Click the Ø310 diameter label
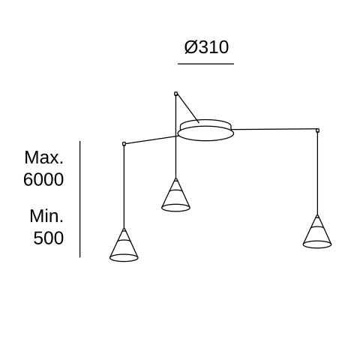[206, 47]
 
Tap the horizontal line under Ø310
[205, 64]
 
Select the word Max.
[44, 157]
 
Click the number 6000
[43, 179]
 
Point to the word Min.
[46, 216]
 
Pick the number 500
[49, 238]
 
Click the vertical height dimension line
[80, 199]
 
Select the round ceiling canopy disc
[206, 130]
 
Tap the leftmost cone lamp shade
[124, 245]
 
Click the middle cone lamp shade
[175, 195]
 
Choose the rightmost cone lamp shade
[317, 232]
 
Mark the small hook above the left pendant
[124, 144]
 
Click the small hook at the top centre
[175, 94]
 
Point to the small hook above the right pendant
[317, 130]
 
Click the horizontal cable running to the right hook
[274, 129]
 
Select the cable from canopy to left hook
[151, 140]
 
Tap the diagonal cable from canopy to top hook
[188, 108]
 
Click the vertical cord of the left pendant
[124, 187]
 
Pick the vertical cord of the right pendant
[317, 173]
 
